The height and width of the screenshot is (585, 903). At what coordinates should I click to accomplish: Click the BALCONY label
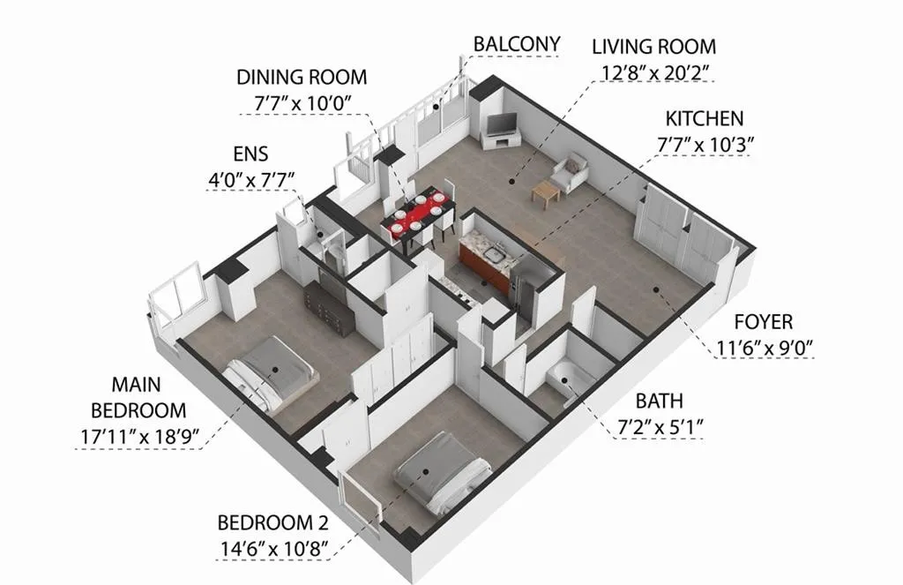516,44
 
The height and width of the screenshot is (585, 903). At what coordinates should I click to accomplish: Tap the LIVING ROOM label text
653,46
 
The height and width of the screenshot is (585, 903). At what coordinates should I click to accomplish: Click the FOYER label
763,322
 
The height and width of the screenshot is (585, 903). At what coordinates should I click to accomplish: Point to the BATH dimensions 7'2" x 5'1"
660,428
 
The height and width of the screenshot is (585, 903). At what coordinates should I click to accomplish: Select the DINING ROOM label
301,77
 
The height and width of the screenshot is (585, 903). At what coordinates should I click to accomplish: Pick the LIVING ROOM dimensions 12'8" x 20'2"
653,72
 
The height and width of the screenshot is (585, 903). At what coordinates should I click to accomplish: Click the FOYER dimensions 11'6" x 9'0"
763,349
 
